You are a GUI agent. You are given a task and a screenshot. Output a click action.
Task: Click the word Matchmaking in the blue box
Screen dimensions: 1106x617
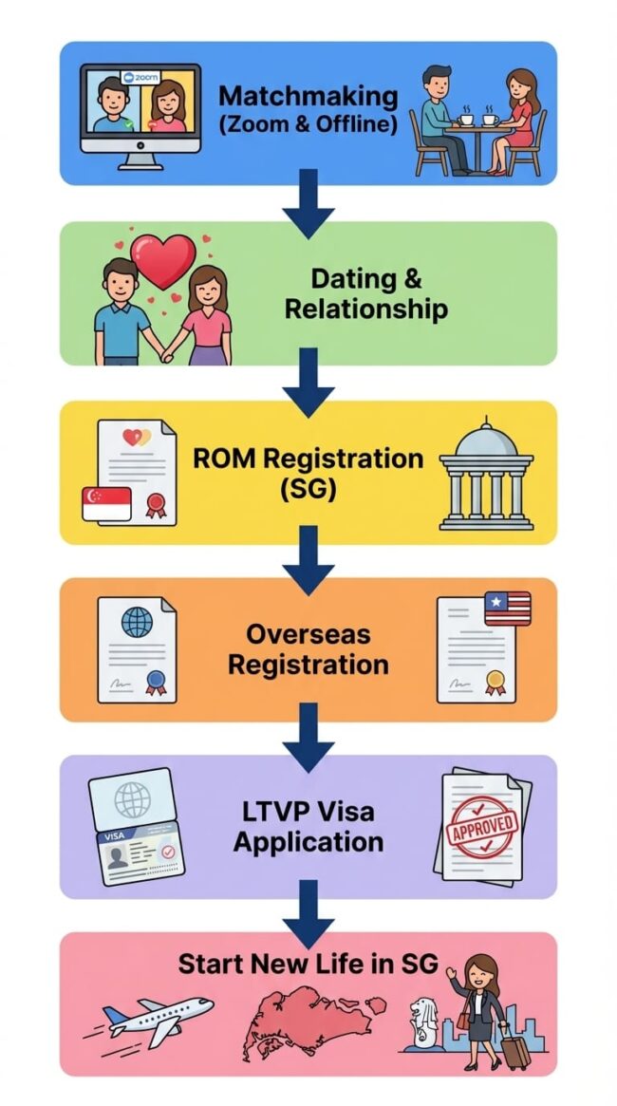(x=308, y=96)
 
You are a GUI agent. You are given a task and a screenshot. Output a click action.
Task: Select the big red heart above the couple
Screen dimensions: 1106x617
(x=162, y=261)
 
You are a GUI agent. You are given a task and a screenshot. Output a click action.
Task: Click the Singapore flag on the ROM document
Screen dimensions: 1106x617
(x=106, y=503)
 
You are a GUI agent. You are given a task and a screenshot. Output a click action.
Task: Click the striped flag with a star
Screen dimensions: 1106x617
(x=507, y=609)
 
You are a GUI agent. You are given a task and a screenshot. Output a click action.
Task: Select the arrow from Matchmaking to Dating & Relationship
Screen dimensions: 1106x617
(x=308, y=202)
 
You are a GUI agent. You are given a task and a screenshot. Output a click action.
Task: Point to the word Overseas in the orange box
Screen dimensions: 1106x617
(x=308, y=634)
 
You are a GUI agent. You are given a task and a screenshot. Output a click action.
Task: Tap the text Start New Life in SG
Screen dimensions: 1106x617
(x=308, y=965)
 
